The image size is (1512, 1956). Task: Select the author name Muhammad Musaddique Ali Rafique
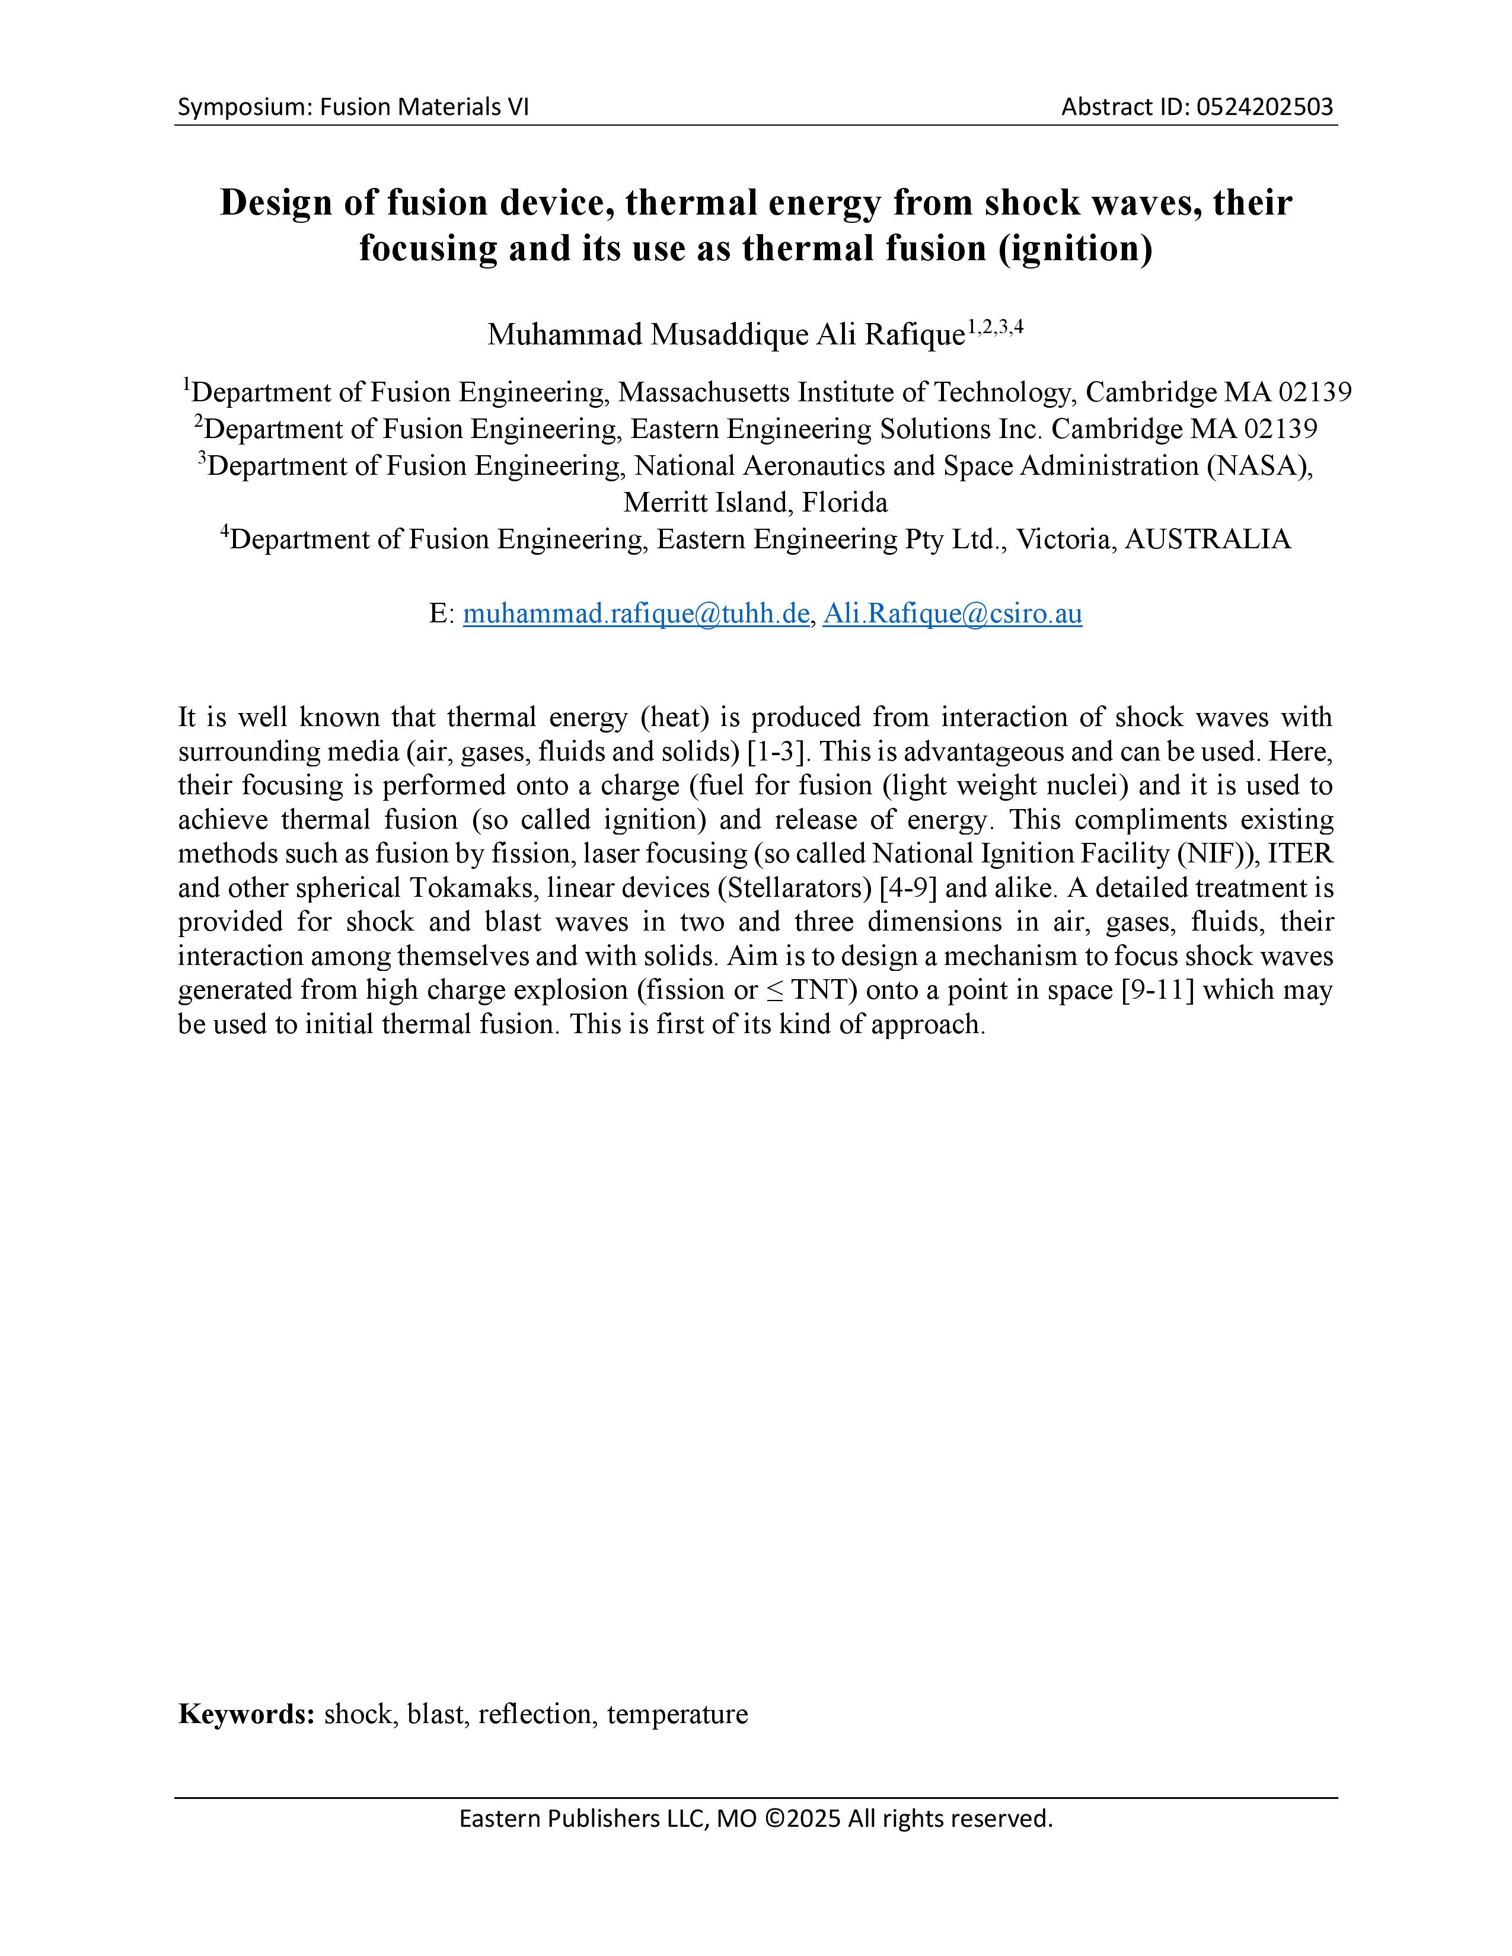[x=726, y=335]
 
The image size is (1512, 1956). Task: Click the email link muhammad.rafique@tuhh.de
[x=636, y=615]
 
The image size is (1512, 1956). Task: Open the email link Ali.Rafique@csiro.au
[x=952, y=615]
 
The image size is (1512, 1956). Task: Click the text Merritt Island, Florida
[x=755, y=503]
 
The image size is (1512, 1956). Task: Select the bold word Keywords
[x=245, y=1714]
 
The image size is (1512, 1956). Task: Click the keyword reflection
[x=535, y=1714]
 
